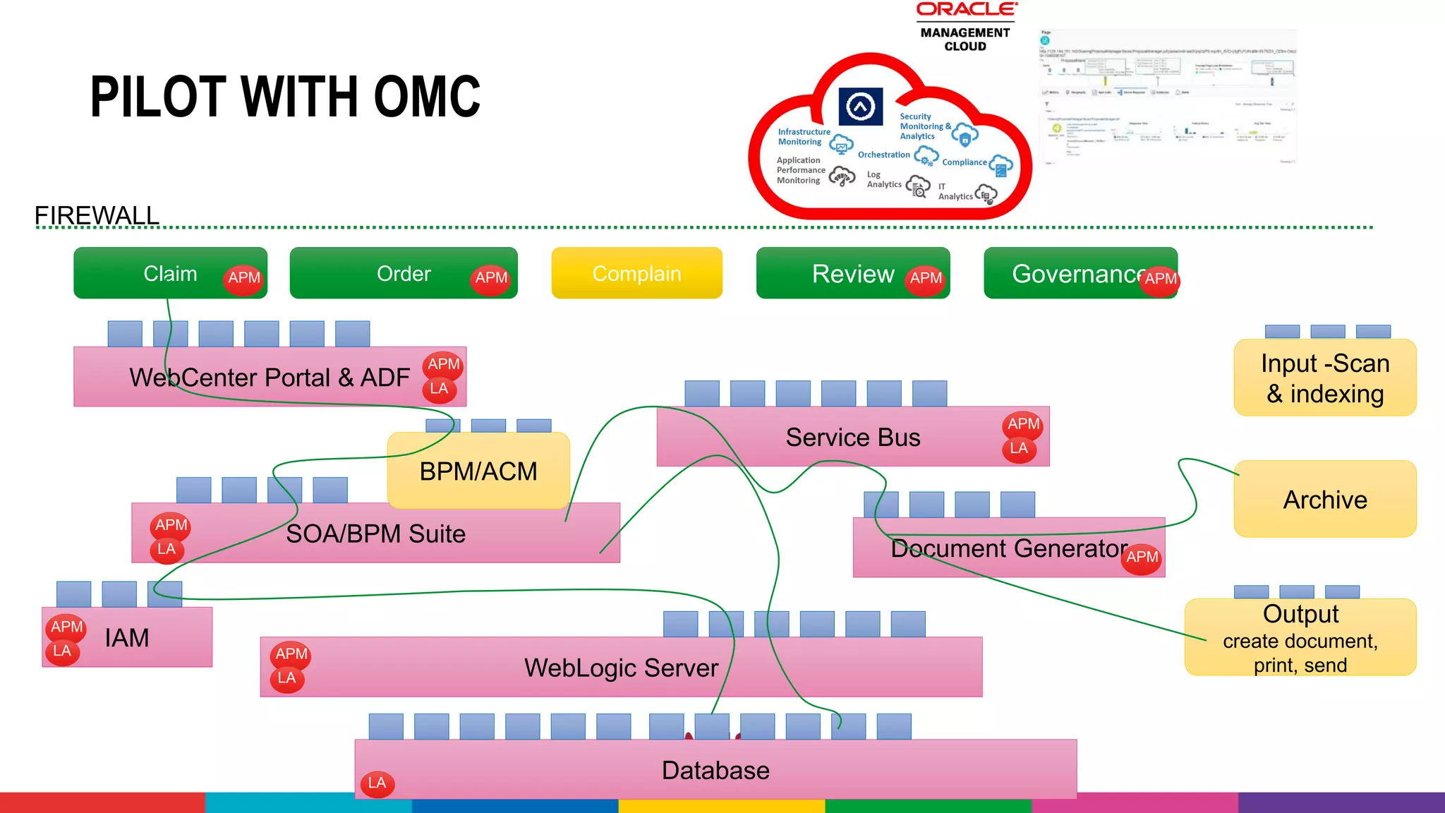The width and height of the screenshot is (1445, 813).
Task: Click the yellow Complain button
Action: point(636,273)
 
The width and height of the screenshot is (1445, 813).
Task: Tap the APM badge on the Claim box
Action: point(244,278)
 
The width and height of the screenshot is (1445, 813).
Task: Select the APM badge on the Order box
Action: point(491,278)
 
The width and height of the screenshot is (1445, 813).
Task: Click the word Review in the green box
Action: point(852,274)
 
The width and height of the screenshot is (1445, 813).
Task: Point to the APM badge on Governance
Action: point(1160,279)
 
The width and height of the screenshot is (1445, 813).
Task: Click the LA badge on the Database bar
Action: point(377,783)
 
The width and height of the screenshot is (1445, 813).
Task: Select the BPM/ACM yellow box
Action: point(478,471)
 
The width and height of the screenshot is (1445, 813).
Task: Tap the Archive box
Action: point(1324,500)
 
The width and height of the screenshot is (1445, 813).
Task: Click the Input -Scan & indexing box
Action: point(1324,378)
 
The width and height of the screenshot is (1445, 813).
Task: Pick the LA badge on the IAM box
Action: point(62,651)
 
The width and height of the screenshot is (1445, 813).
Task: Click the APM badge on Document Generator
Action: point(1142,558)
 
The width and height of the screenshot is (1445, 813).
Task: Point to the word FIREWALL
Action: point(97,215)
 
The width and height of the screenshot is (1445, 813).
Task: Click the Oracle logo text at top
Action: point(966,9)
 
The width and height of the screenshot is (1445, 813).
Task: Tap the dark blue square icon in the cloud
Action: point(860,107)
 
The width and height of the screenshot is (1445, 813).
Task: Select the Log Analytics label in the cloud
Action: point(883,179)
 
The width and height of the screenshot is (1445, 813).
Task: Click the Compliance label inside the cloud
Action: point(964,162)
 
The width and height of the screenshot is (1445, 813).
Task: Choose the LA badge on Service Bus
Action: point(1018,449)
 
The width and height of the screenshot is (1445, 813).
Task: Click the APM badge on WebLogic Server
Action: point(291,654)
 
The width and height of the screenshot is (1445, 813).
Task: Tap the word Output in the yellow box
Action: point(1300,614)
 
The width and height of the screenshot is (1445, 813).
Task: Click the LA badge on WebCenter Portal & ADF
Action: point(439,389)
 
